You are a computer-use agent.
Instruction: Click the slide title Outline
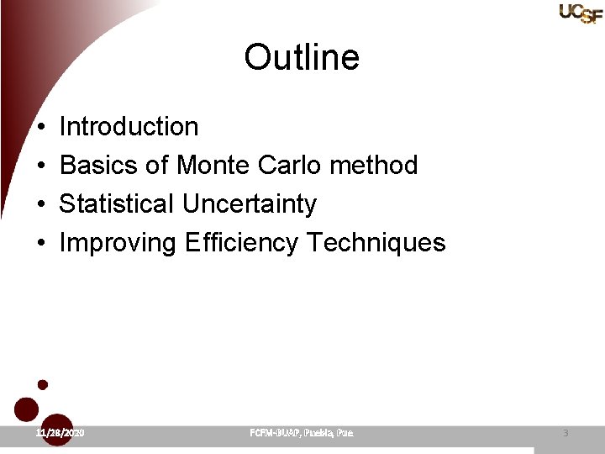click(x=302, y=58)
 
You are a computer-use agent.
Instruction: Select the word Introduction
click(x=129, y=127)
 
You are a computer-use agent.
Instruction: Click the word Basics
click(x=99, y=166)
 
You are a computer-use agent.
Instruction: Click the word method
click(x=374, y=166)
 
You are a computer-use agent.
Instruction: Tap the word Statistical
click(x=117, y=204)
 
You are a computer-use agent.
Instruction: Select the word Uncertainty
click(x=250, y=204)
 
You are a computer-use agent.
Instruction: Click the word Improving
click(x=118, y=243)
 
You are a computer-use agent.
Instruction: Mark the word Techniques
click(x=376, y=243)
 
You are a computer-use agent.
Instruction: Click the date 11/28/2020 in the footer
click(x=60, y=432)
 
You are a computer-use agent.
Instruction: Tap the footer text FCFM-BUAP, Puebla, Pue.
click(x=302, y=432)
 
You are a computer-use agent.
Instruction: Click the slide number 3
click(x=566, y=432)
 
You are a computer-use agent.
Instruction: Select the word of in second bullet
click(x=157, y=166)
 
